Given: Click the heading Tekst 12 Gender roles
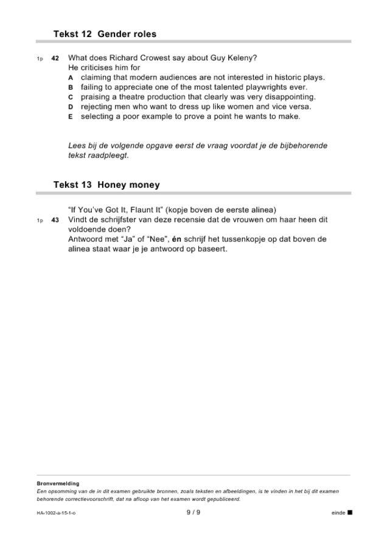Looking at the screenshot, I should click(x=105, y=34).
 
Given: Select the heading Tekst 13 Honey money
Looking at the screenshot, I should click(x=106, y=185).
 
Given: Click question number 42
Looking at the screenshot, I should click(x=55, y=58).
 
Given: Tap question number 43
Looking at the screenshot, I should click(x=55, y=219).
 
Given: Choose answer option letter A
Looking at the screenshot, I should click(x=71, y=78).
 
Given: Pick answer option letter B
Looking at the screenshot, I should click(x=71, y=88).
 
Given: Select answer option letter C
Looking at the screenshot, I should click(x=71, y=97).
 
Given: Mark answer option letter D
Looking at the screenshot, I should click(x=71, y=107).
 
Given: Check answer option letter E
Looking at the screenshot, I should click(x=71, y=117).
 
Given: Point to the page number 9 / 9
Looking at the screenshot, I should click(x=193, y=513).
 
